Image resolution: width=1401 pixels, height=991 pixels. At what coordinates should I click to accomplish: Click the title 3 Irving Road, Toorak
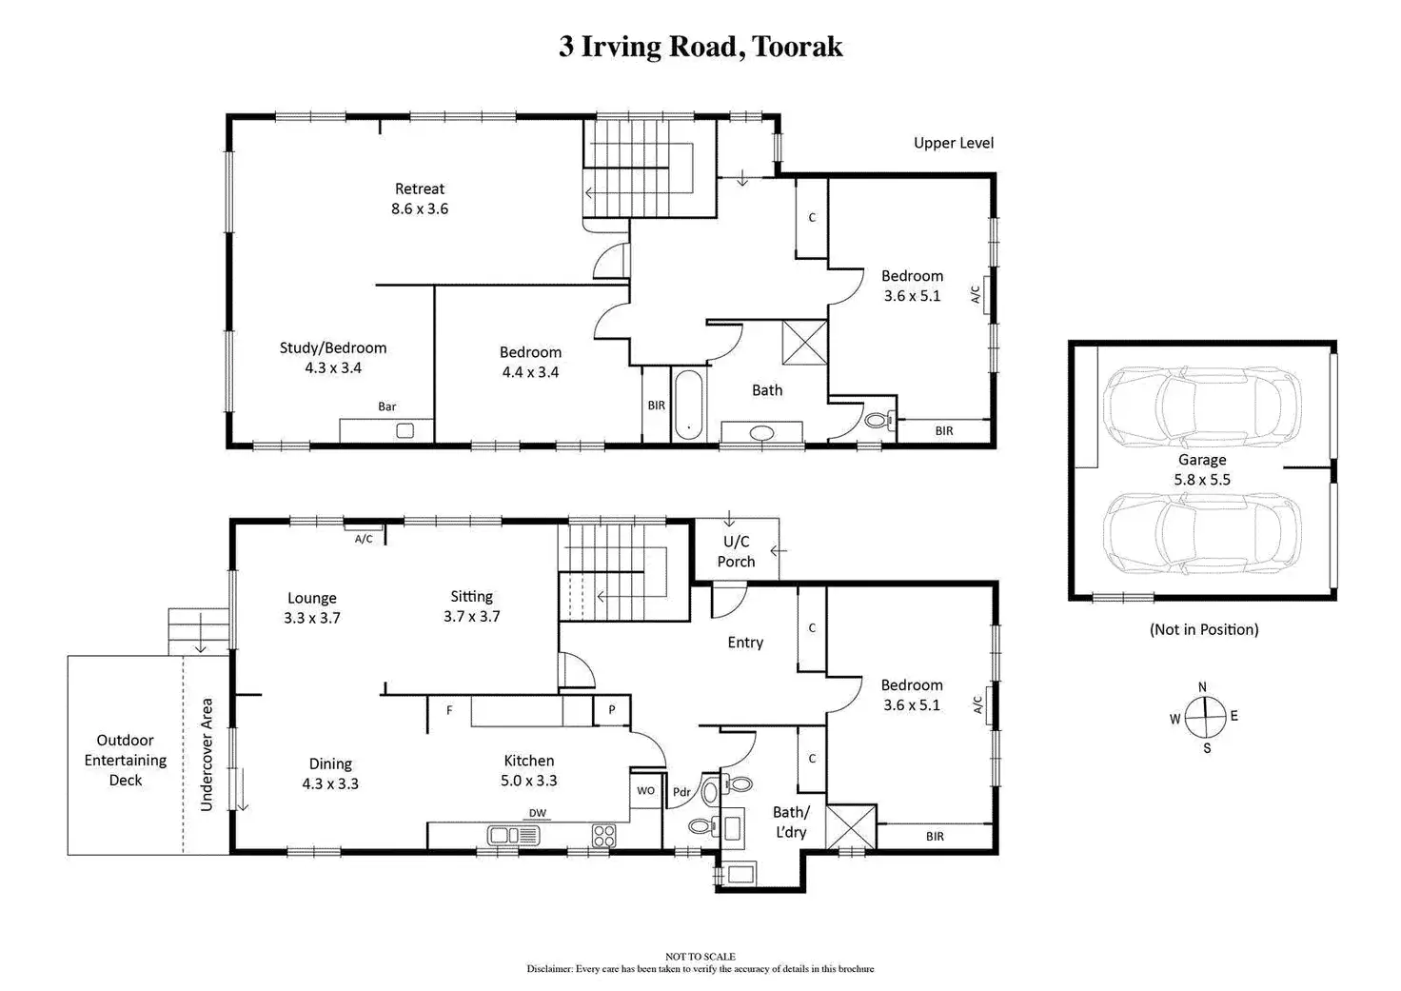point(700,47)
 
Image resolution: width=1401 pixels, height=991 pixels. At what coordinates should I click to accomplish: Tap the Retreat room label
point(420,198)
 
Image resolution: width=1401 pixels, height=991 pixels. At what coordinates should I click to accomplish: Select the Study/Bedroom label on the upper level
point(333,357)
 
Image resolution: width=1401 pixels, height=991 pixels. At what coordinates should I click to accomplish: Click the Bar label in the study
point(387,406)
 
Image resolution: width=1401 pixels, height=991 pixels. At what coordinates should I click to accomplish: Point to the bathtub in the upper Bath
point(689,405)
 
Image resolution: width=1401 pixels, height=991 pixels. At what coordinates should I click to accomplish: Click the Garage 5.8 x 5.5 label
point(1202,469)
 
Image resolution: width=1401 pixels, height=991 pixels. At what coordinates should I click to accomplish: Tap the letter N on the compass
point(1202,687)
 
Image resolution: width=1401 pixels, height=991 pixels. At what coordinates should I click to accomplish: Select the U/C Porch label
point(736,551)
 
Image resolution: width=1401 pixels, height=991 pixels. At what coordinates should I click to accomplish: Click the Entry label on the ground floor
point(745,643)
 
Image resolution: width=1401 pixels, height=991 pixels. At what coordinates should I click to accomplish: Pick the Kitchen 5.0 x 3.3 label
point(529,770)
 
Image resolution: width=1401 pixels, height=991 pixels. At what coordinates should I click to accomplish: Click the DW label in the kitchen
point(538,813)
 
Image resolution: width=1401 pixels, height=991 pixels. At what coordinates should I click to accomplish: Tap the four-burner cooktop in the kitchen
point(603,836)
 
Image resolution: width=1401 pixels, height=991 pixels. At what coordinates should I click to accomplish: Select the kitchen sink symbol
point(514,836)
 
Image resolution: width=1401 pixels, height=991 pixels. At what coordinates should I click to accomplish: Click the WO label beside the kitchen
point(645,790)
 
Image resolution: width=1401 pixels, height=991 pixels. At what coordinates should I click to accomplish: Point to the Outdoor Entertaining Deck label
point(125,760)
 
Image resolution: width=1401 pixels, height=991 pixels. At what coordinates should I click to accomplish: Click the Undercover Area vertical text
point(207,755)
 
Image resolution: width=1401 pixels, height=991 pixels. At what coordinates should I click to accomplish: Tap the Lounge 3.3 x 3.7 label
point(312,607)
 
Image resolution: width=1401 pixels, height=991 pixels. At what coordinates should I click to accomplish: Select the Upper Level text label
point(953,143)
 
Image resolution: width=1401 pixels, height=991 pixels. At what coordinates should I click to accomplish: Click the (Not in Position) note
point(1204,629)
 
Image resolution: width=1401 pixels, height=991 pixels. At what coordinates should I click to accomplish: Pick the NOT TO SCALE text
point(700,956)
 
